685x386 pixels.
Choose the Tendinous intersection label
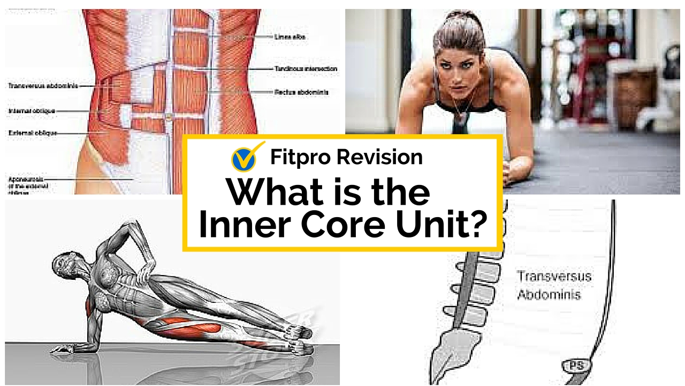coord(306,69)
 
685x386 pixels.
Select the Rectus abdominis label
coord(301,92)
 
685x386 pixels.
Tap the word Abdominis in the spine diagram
coord(549,294)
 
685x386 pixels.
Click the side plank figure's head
coord(64,264)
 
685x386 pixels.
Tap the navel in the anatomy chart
coord(169,116)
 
